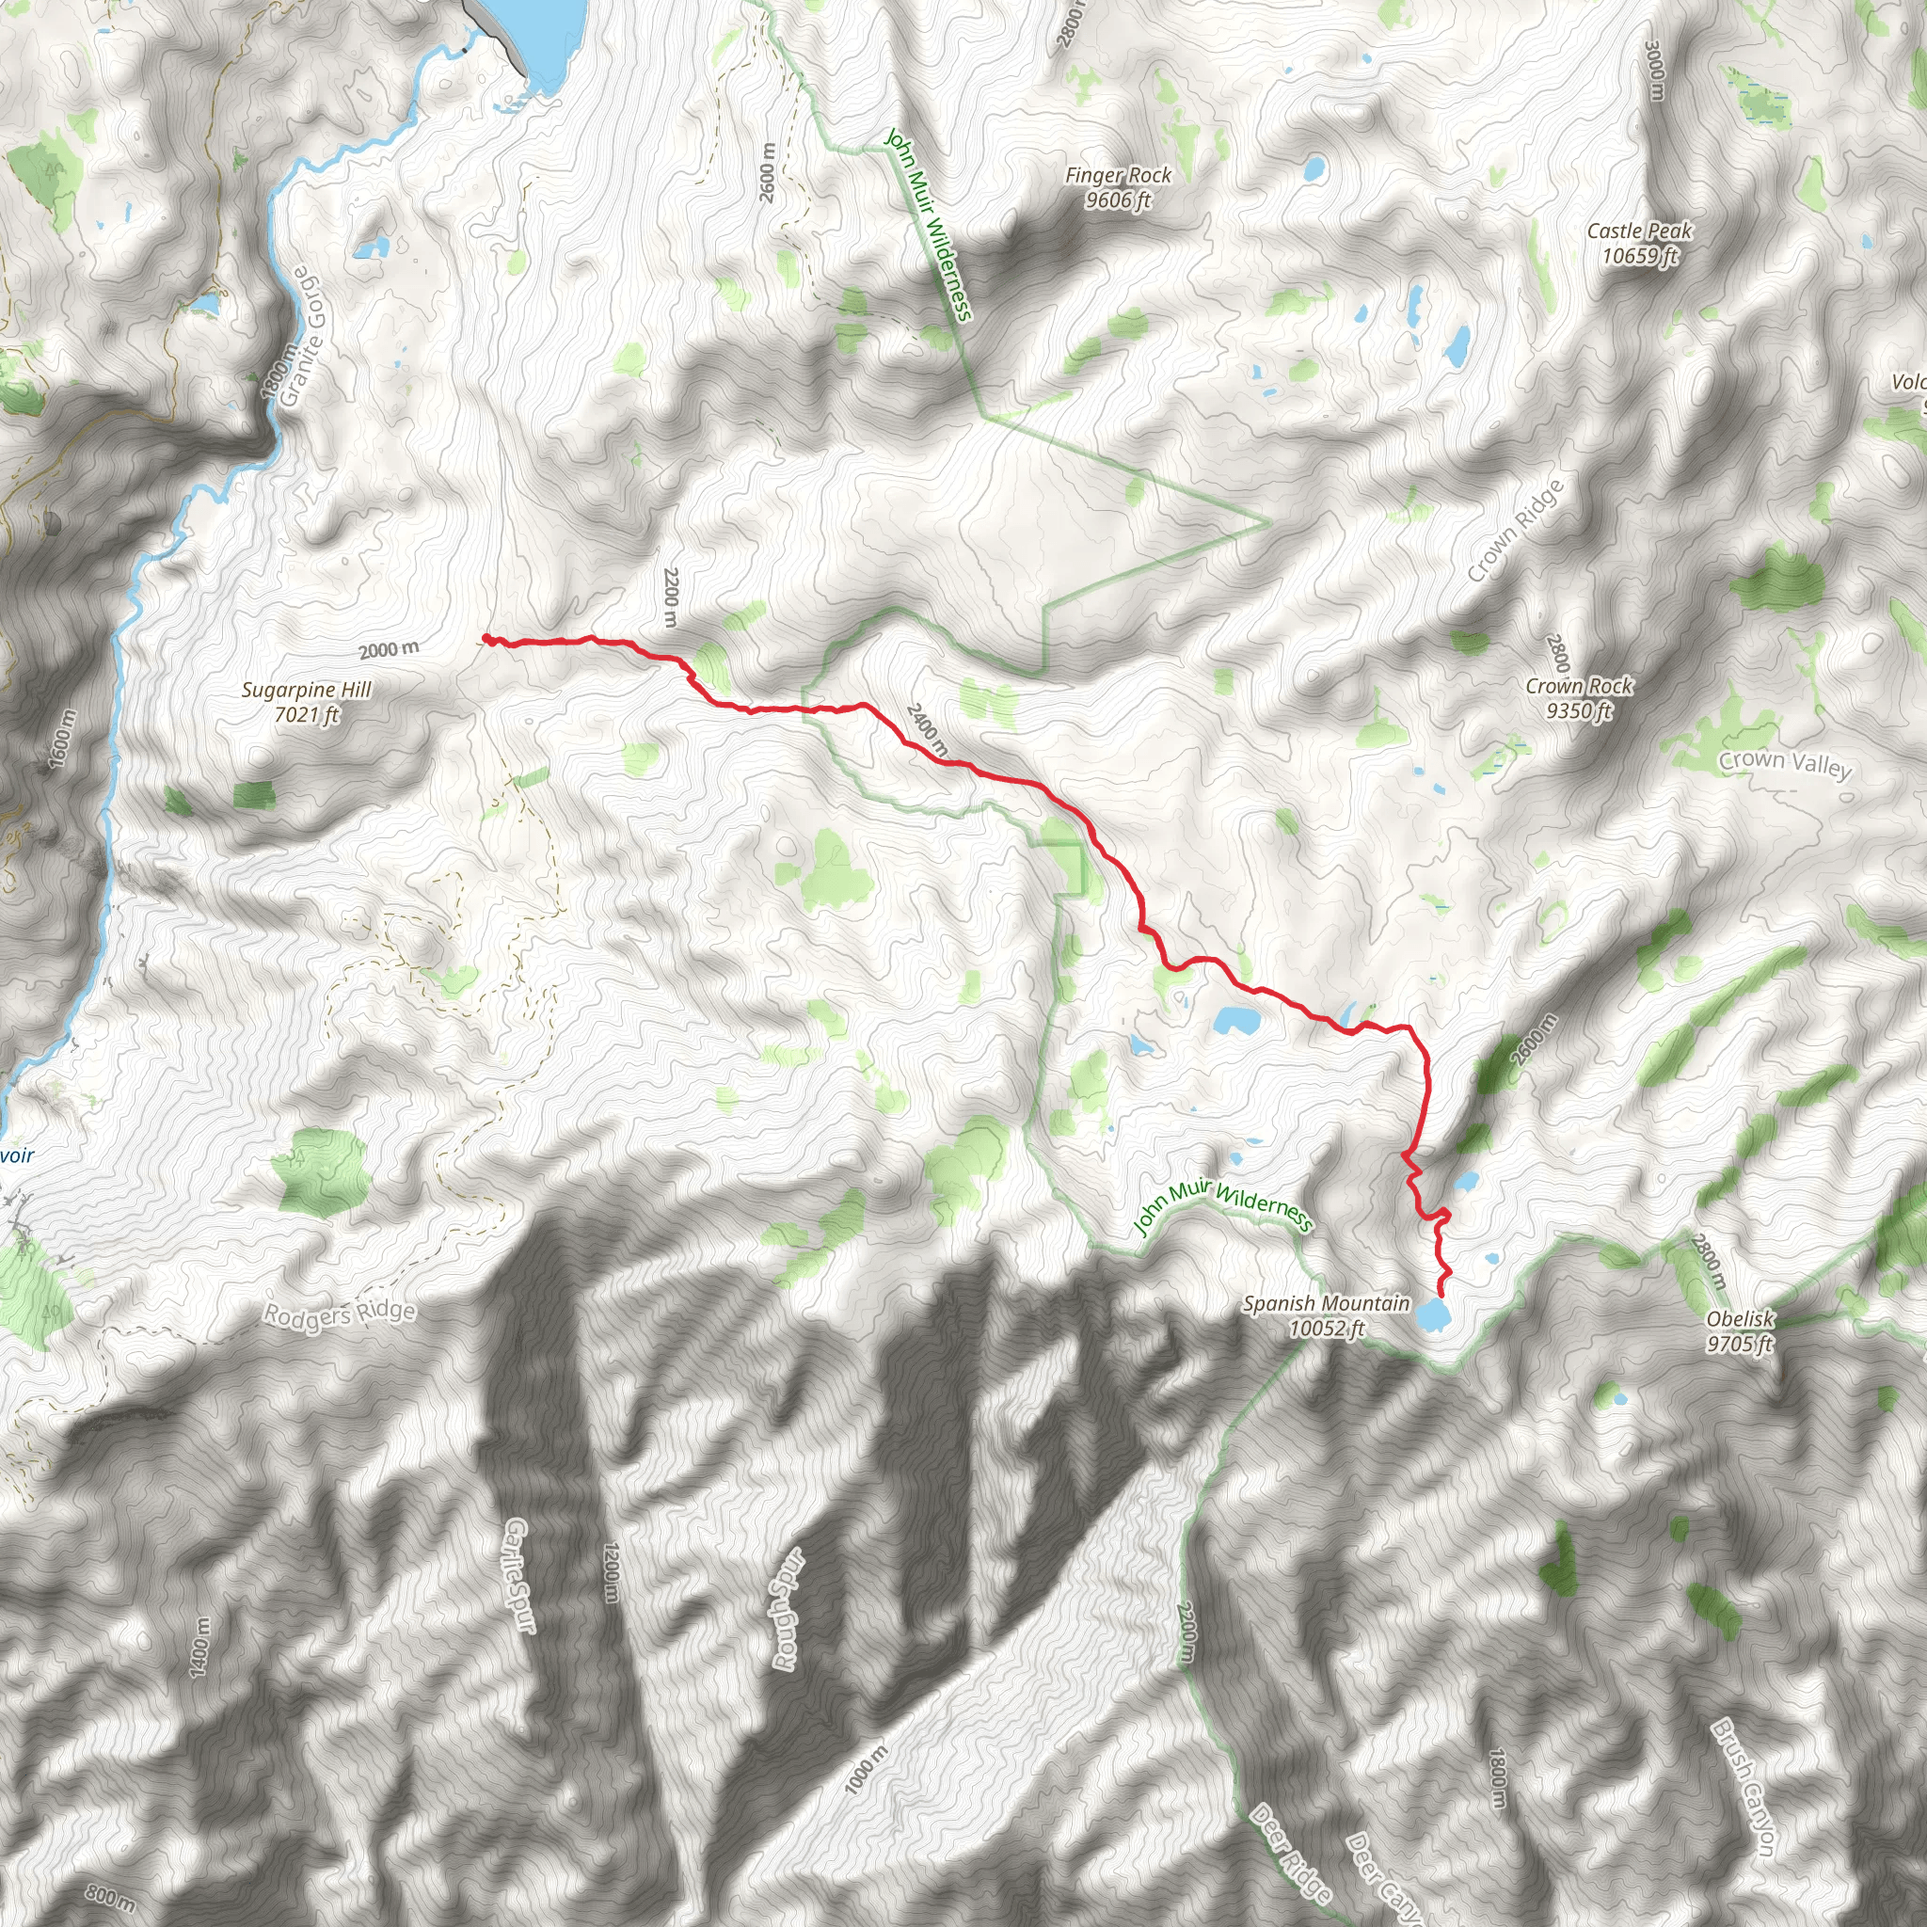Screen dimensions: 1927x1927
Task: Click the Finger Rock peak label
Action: point(1118,187)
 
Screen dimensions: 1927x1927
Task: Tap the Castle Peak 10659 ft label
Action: point(1640,244)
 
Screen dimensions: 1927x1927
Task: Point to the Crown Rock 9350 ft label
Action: point(1579,698)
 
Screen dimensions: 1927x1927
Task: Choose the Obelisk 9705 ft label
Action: point(1740,1330)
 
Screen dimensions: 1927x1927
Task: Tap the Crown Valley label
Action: point(1784,764)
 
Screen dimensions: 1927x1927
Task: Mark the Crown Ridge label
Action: point(1515,531)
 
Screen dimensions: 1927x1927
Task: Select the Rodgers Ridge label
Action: point(338,1314)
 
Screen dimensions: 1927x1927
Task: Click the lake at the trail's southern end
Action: point(1433,1315)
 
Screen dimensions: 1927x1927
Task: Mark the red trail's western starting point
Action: point(486,637)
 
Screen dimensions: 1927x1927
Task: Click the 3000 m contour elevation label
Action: point(1655,70)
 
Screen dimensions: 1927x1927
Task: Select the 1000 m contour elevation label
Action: point(865,1771)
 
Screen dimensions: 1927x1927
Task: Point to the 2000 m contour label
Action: point(389,650)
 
